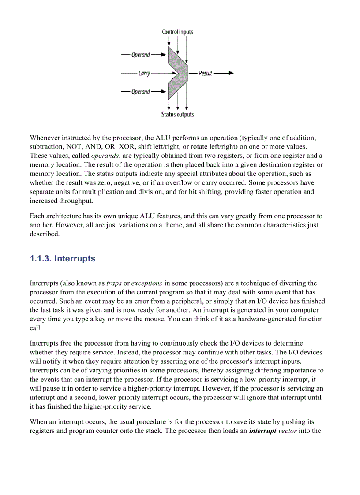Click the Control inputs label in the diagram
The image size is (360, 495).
coord(177,32)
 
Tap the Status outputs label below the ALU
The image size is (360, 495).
coord(177,114)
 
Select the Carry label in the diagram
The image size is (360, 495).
coord(144,73)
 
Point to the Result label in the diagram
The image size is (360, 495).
coord(206,73)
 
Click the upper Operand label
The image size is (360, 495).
coord(141,55)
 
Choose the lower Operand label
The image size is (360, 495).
coord(141,92)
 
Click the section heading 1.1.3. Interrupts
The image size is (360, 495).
coord(62,258)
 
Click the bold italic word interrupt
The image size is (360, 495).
coord(262,431)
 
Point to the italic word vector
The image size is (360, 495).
coord(287,431)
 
